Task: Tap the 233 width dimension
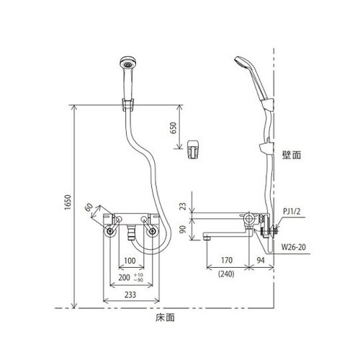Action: coord(130,295)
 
